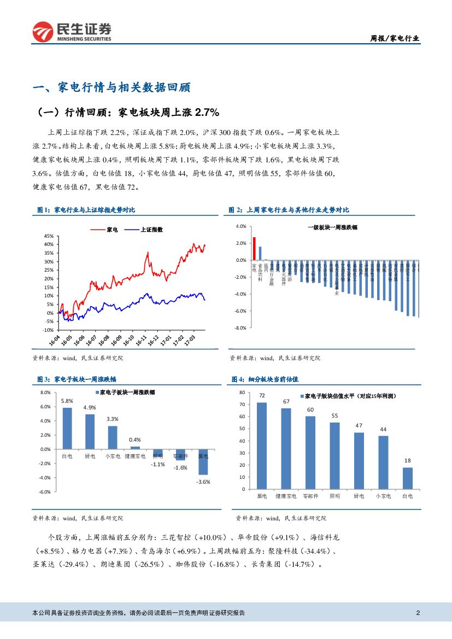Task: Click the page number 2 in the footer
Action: [418, 613]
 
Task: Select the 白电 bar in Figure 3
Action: [67, 429]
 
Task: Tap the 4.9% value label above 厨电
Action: [90, 408]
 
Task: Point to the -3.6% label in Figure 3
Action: [203, 482]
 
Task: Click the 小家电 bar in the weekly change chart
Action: [113, 437]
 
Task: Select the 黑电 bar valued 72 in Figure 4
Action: [262, 445]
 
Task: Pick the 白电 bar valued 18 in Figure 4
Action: [408, 478]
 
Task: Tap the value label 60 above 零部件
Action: [310, 409]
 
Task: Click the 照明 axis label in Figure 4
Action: [334, 496]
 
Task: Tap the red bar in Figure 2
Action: [254, 249]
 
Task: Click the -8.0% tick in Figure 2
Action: [240, 328]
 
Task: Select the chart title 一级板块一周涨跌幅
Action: [332, 227]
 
